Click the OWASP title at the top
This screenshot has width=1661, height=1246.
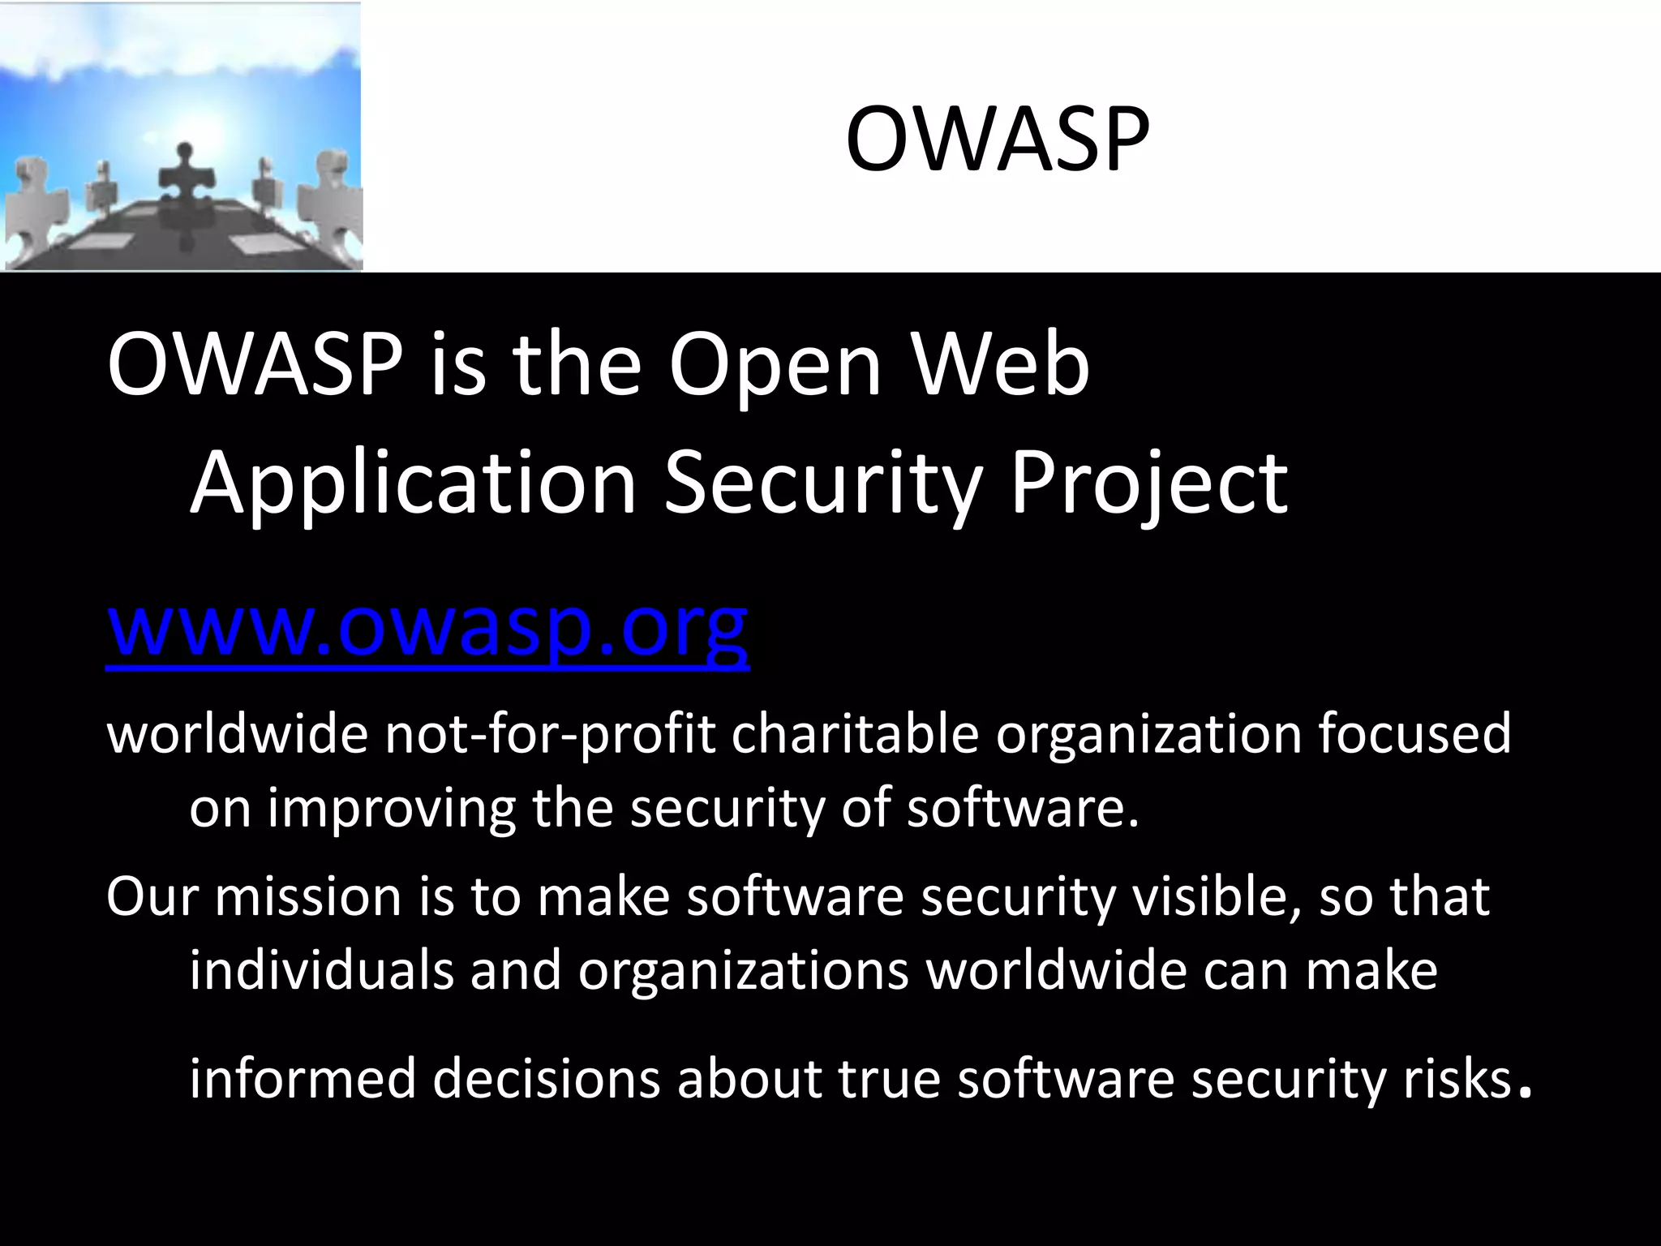click(997, 140)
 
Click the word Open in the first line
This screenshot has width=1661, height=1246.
click(775, 367)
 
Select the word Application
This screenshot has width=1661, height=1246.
click(413, 483)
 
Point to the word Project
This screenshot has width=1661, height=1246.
click(1148, 483)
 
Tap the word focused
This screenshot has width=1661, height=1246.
click(1414, 733)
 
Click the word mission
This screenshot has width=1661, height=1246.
click(308, 896)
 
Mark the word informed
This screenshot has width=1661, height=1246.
click(302, 1079)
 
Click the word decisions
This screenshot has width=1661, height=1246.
click(547, 1079)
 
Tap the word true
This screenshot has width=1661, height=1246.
click(889, 1079)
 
